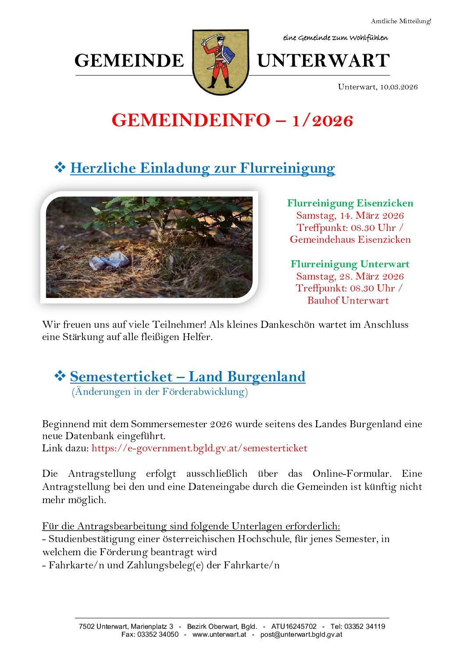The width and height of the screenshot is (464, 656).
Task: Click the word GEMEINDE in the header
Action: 129,61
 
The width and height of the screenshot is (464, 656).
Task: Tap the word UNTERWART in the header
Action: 323,61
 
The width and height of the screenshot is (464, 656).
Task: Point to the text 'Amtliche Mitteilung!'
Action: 401,21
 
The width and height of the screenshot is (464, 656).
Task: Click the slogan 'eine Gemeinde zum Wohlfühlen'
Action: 336,38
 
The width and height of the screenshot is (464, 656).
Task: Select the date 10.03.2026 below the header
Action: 399,87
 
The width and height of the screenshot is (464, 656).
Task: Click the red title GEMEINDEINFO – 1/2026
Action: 232,121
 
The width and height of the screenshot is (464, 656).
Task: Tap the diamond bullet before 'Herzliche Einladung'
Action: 60,167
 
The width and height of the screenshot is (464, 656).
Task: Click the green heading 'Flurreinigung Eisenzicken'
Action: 350,203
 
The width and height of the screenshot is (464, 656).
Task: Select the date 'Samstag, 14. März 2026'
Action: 350,215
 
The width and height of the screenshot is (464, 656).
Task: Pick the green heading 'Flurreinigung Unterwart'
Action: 350,264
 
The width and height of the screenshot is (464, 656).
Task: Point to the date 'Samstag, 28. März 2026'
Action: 350,276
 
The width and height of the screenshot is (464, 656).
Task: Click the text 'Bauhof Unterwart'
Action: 348,301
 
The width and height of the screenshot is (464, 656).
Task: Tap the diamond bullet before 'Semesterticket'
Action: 60,376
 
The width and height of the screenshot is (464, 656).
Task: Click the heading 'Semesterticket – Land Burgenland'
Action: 188,376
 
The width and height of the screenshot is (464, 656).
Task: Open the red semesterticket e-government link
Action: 200,448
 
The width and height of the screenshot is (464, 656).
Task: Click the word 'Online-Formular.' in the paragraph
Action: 352,474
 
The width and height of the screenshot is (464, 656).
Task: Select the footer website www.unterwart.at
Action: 219,634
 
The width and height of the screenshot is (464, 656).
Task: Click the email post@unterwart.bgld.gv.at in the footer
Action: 301,634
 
